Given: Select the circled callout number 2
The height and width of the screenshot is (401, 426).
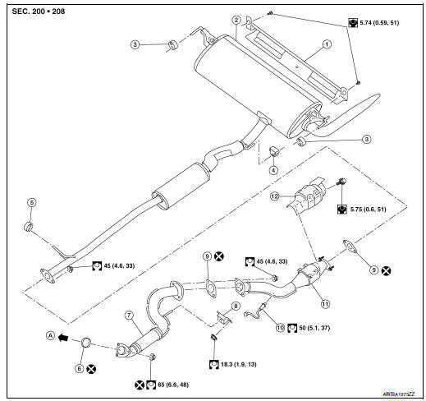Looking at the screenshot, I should [236, 20].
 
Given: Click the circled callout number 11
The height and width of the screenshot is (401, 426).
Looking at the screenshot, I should [326, 302].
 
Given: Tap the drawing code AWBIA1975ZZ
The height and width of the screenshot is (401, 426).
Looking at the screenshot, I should [398, 394].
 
